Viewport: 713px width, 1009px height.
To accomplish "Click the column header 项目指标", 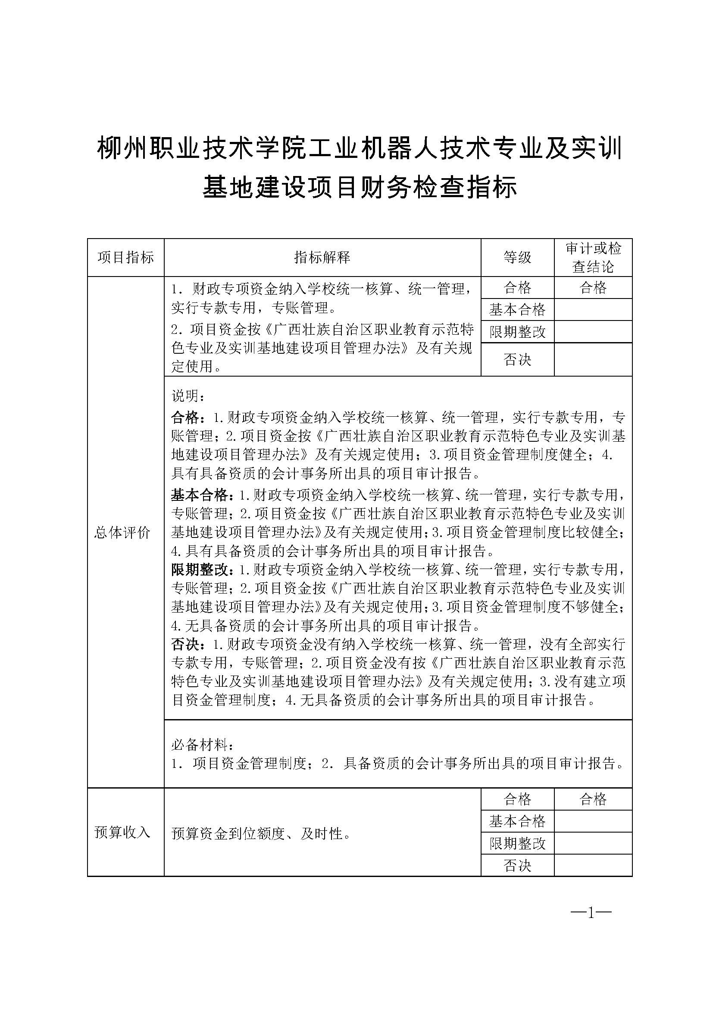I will tap(125, 258).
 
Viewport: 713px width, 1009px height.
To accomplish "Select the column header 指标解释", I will tap(322, 258).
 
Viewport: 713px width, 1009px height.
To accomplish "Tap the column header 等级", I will tap(517, 258).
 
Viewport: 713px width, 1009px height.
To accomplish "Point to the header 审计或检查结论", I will tap(593, 258).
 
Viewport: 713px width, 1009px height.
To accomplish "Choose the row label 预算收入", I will tap(122, 832).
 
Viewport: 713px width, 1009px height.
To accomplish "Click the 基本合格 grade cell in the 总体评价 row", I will tap(517, 310).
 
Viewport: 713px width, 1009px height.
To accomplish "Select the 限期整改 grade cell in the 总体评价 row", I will tap(517, 332).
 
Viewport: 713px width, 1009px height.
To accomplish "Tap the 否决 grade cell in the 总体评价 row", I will tap(517, 360).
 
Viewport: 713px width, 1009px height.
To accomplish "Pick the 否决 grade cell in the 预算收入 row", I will tap(517, 866).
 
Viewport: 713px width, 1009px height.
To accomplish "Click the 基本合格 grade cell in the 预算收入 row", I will tap(517, 821).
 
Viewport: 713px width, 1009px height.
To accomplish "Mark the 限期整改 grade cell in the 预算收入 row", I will tap(517, 843).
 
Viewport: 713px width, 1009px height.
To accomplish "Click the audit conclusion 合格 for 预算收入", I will tap(593, 799).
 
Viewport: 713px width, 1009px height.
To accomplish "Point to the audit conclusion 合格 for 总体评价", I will tap(593, 288).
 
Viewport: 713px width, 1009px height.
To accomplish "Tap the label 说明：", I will tap(188, 396).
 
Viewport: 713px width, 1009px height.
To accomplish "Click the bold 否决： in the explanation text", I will tap(188, 644).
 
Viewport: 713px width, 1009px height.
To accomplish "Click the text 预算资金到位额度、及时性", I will tap(261, 833).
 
